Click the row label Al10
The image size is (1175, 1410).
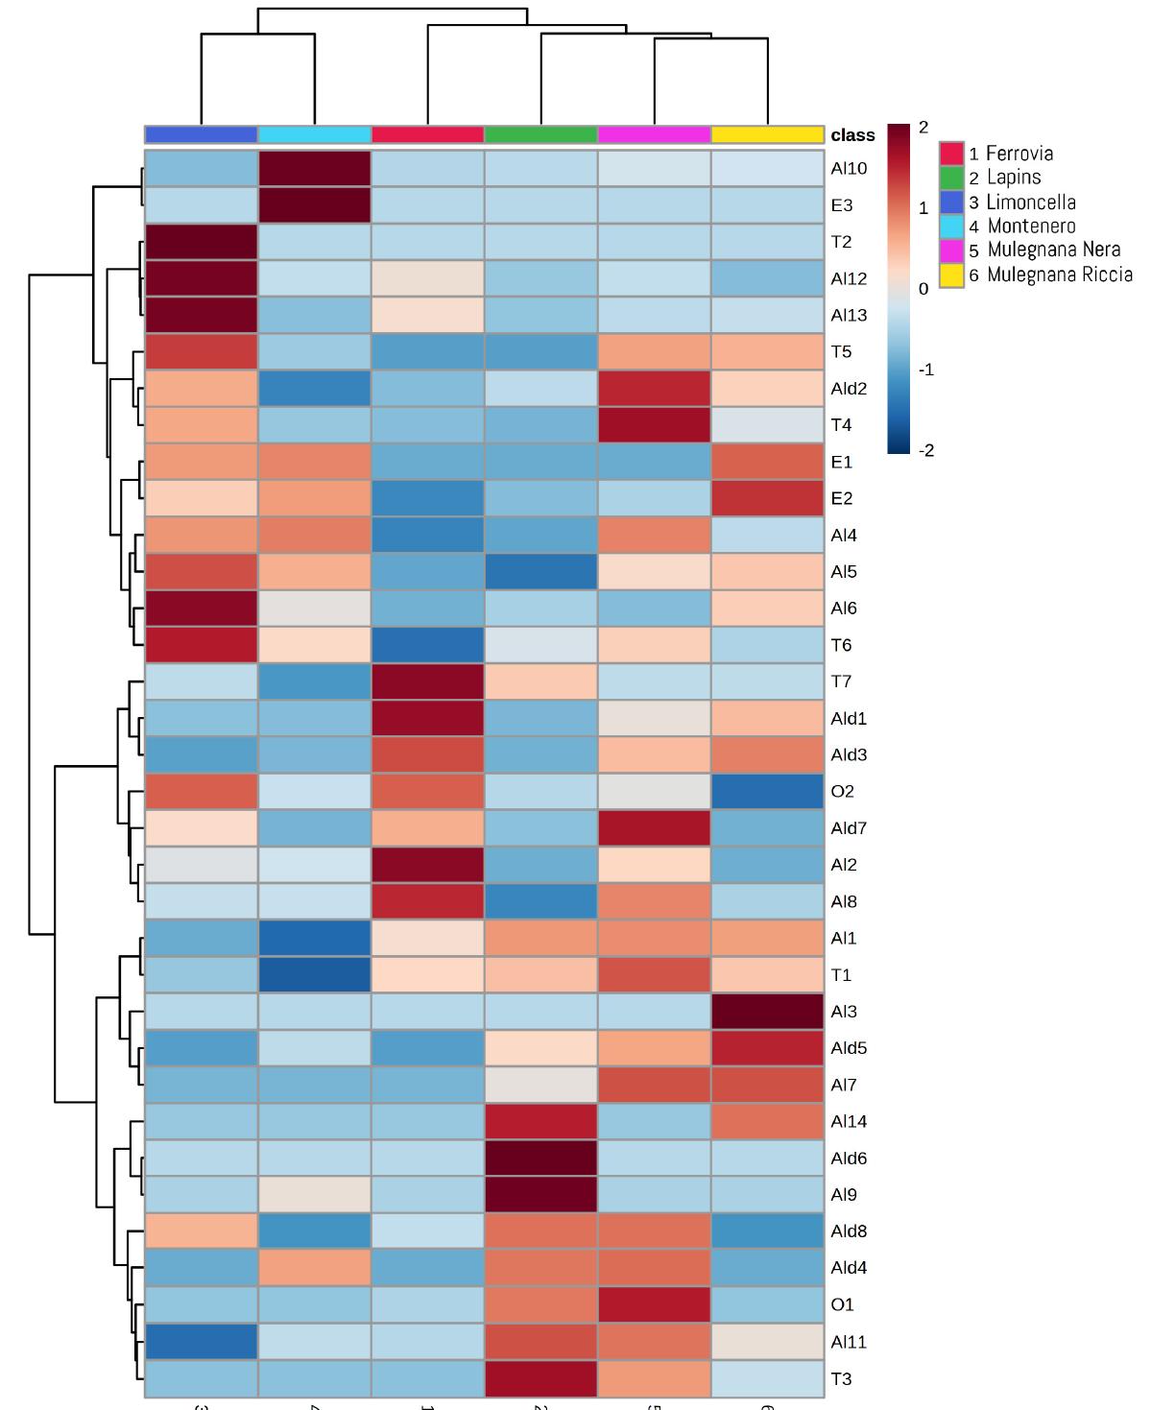click(849, 169)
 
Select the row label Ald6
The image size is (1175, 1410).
click(849, 1159)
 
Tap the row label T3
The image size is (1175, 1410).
click(841, 1378)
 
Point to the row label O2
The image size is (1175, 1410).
click(842, 792)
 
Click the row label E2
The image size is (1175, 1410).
click(841, 498)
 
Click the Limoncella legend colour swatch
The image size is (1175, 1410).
click(951, 203)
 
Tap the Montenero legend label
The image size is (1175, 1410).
click(1031, 227)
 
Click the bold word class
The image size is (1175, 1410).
click(852, 135)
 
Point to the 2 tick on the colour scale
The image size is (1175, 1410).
click(923, 128)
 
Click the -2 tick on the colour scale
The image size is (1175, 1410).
click(925, 450)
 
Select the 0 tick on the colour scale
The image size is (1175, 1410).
click(923, 289)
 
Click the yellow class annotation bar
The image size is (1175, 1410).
click(767, 134)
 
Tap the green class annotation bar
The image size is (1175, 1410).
click(541, 134)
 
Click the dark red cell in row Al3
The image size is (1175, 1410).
click(767, 1012)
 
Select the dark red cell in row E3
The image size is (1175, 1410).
click(315, 205)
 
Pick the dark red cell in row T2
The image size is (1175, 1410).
click(202, 242)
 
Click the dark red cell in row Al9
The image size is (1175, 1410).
click(541, 1195)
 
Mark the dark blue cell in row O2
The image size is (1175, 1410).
click(767, 792)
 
